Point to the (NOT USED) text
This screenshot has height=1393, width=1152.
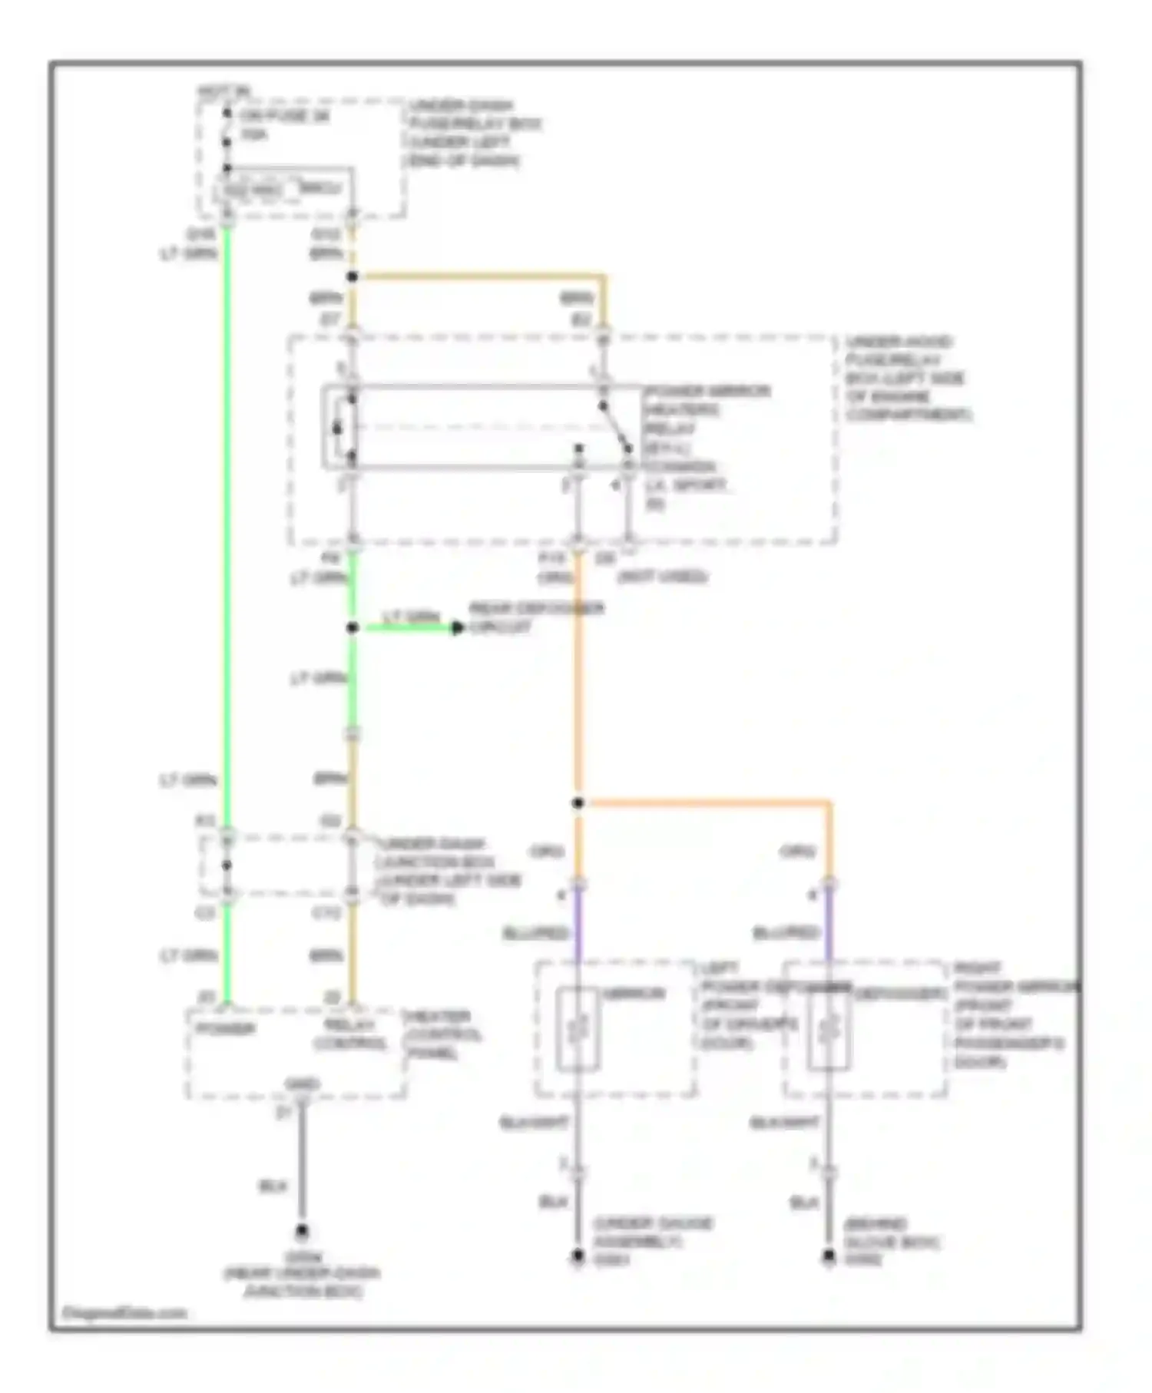(x=663, y=576)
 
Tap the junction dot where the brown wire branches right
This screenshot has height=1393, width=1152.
(x=353, y=276)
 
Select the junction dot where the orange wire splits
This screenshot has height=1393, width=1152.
(x=578, y=803)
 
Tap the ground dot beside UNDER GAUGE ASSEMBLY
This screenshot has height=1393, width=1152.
(x=578, y=1257)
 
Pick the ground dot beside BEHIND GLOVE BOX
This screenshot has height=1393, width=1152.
(x=829, y=1257)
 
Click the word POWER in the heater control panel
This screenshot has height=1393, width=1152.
(x=225, y=1028)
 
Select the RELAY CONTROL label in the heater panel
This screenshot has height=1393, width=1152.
(x=349, y=1034)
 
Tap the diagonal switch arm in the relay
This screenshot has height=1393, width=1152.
(x=617, y=428)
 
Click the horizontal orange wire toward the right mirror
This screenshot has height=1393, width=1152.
(x=707, y=803)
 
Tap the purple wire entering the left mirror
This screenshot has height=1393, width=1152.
(x=578, y=925)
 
